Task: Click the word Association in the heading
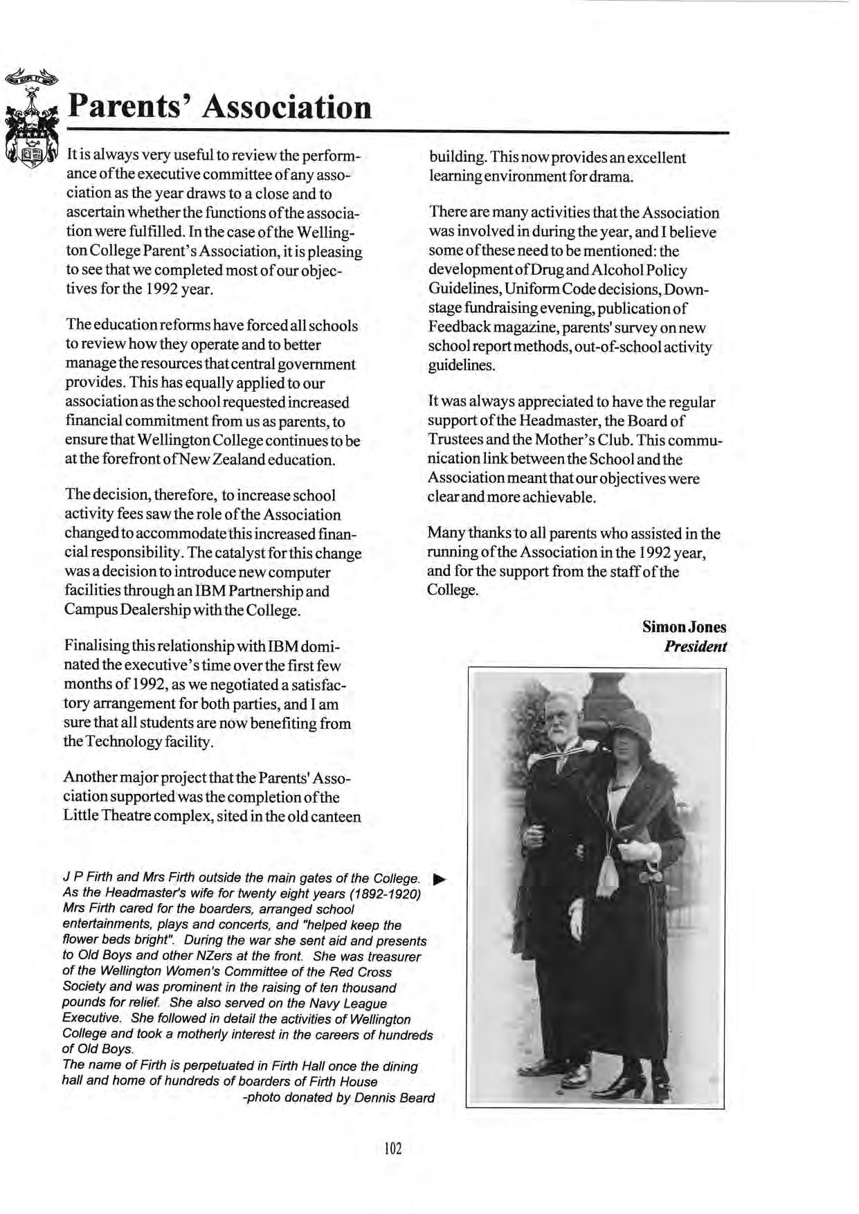[289, 107]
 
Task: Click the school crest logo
[32, 122]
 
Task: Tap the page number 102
[392, 1149]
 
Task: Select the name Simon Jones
[684, 627]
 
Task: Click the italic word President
[695, 646]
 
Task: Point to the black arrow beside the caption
[438, 880]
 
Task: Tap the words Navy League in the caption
[352, 1003]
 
